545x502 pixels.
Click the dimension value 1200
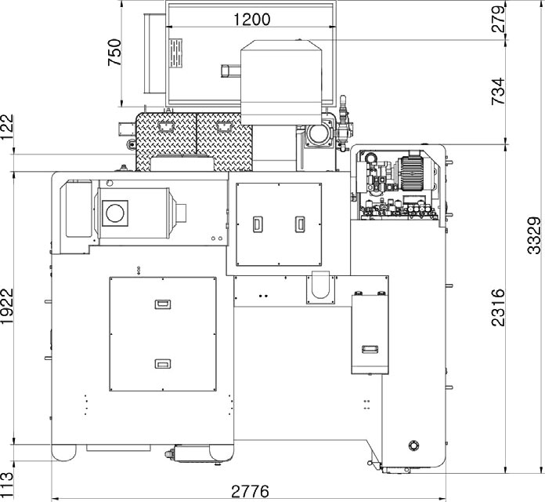pyautogui.click(x=251, y=20)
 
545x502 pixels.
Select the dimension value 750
pyautogui.click(x=114, y=53)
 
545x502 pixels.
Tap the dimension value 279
pyautogui.click(x=499, y=19)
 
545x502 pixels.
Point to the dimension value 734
pyautogui.click(x=498, y=91)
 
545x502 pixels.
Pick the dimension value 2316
pyautogui.click(x=498, y=307)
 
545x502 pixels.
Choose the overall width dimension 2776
pyautogui.click(x=251, y=492)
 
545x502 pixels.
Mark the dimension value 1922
pyautogui.click(x=7, y=307)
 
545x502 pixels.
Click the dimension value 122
pyautogui.click(x=7, y=127)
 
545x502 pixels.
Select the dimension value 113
pyautogui.click(x=7, y=486)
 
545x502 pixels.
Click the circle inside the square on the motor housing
pyautogui.click(x=114, y=213)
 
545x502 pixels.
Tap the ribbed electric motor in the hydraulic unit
pyautogui.click(x=413, y=173)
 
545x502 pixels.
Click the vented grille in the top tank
pyautogui.click(x=175, y=53)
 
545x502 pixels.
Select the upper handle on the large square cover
pyautogui.click(x=163, y=304)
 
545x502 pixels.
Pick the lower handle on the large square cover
pyautogui.click(x=163, y=364)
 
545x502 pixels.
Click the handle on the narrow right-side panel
pyautogui.click(x=370, y=349)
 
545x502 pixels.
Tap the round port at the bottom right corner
pyautogui.click(x=413, y=446)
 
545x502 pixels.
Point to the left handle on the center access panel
pyautogui.click(x=258, y=224)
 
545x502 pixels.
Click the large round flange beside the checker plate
pyautogui.click(x=317, y=134)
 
